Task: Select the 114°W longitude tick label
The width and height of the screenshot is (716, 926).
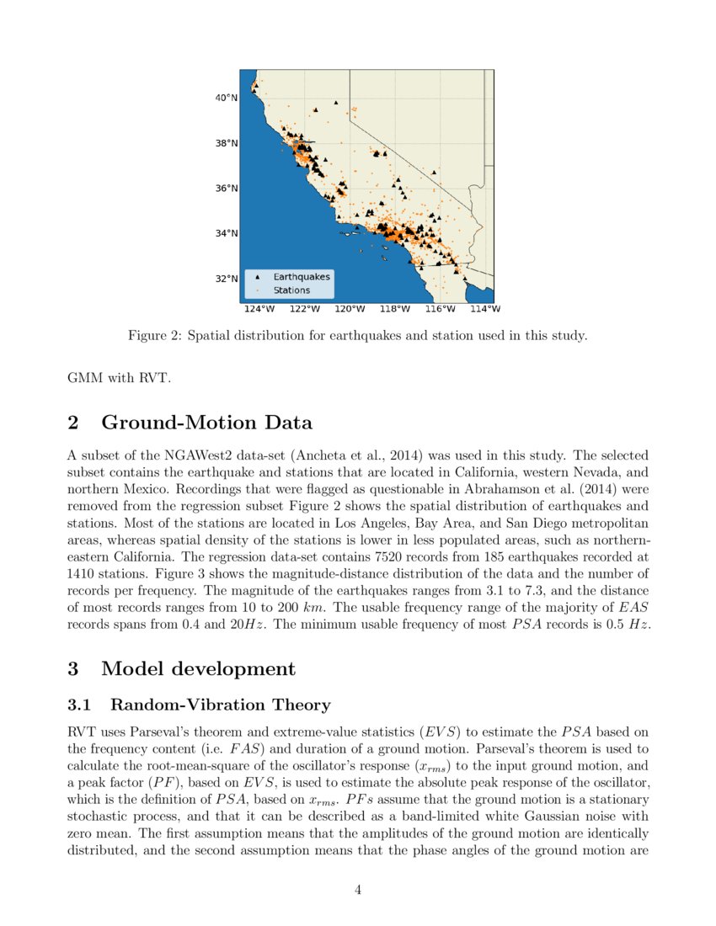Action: click(488, 309)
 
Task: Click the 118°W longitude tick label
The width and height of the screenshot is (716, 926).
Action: click(395, 309)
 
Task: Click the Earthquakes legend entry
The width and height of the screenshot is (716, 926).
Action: click(301, 276)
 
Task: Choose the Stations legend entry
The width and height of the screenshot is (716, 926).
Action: click(291, 290)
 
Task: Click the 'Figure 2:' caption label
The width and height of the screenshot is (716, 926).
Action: click(154, 336)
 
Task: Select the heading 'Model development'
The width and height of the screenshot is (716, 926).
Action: click(198, 668)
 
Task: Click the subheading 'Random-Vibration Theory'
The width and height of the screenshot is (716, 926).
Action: click(220, 705)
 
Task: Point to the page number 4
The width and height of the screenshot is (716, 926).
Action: click(358, 889)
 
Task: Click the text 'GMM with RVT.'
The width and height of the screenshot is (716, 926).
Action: click(118, 378)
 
